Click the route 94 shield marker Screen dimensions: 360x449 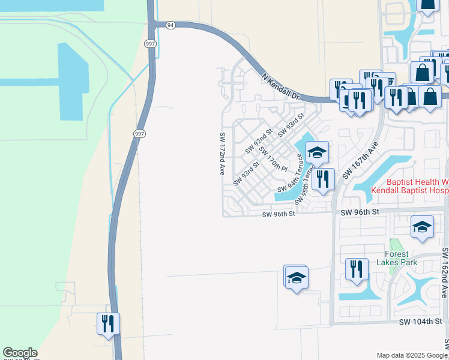coord(171,25)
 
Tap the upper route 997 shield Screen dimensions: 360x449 coord(150,43)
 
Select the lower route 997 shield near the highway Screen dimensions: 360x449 coord(139,134)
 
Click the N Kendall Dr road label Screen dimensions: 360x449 coord(281,86)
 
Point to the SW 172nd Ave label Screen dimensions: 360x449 coord(222,154)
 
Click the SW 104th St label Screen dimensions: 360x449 coord(421,322)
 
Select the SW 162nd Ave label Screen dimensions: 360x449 coord(444,272)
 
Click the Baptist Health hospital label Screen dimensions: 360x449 coord(409,185)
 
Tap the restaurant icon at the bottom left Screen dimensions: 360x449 coord(108,324)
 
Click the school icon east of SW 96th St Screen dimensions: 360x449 coord(422,227)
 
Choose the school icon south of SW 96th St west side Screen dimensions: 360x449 coord(296,277)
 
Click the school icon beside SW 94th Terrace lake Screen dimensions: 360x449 coord(317,152)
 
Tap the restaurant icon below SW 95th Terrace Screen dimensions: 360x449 coord(323,178)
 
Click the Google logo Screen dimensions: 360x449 coord(20,353)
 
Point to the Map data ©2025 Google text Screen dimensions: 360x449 coord(411,355)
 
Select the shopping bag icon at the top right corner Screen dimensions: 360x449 coord(428,5)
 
